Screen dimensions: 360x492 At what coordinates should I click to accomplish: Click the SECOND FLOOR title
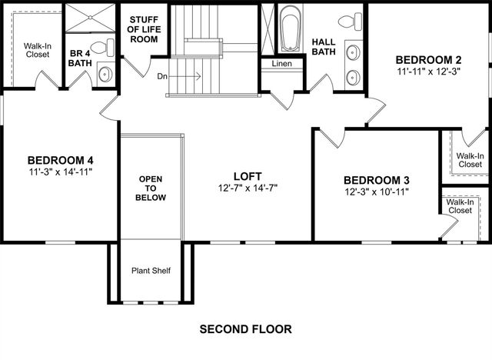pos(245,329)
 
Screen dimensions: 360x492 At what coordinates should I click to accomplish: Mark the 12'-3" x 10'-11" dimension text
pos(376,192)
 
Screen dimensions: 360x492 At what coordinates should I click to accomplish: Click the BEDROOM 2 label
pos(429,59)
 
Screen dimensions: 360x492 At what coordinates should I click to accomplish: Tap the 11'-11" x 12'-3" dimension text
pos(429,72)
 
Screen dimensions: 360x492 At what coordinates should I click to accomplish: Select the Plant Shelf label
pos(151,271)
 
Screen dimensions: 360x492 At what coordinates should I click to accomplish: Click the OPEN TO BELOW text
pos(151,188)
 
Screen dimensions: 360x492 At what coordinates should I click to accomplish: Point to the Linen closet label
pos(281,64)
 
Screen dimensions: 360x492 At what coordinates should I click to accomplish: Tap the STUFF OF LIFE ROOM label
pos(143,29)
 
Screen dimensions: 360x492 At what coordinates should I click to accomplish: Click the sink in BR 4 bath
pos(105,74)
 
